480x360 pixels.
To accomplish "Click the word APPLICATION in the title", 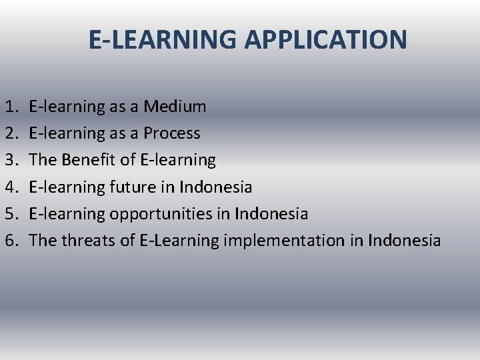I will pyautogui.click(x=325, y=40).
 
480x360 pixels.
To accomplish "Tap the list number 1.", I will pyautogui.click(x=11, y=107).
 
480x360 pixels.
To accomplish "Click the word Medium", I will pyautogui.click(x=175, y=107).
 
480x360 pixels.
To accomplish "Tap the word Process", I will pyautogui.click(x=171, y=133).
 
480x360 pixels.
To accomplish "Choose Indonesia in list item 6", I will pyautogui.click(x=404, y=240).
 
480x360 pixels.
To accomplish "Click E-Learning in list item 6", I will pyautogui.click(x=179, y=240).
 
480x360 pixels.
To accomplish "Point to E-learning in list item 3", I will pyautogui.click(x=179, y=160).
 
